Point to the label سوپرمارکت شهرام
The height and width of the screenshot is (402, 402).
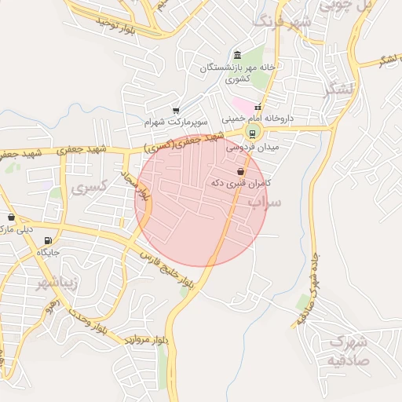click(x=175, y=124)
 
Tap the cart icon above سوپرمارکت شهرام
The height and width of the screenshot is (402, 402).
click(x=175, y=111)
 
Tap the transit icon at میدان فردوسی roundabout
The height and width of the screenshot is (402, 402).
click(x=252, y=132)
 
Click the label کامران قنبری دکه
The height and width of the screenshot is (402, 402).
click(x=240, y=182)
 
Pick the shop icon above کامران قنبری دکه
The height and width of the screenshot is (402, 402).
click(x=240, y=170)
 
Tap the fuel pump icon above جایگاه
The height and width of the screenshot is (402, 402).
click(x=48, y=240)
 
